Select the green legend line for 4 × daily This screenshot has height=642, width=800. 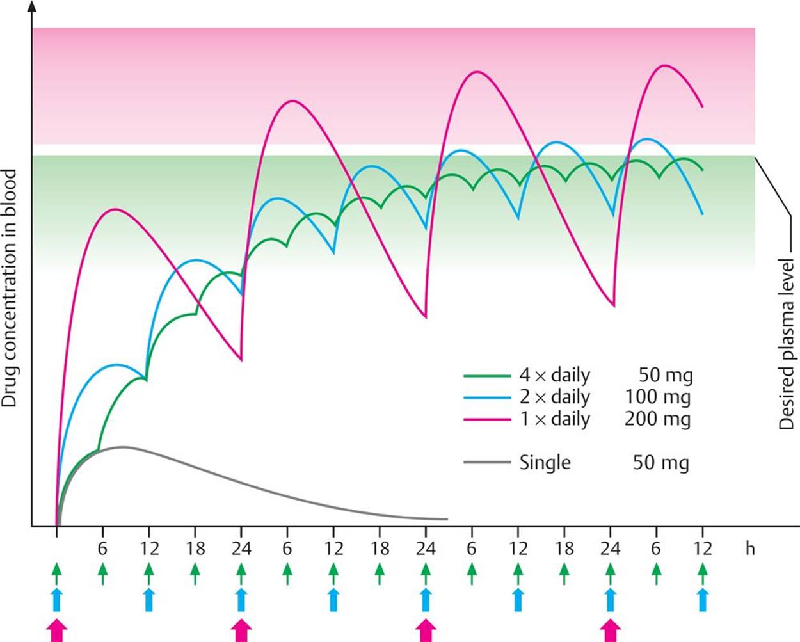(x=487, y=376)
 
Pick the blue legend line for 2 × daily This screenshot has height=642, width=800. (x=487, y=397)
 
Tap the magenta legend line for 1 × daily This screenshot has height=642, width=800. (x=487, y=419)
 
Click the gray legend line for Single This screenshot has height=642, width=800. (x=487, y=462)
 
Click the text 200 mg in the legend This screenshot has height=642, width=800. (x=658, y=419)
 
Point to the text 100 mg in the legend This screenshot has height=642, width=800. (x=658, y=397)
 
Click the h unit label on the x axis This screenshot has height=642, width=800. (x=749, y=549)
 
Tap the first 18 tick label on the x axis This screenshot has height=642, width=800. (x=195, y=549)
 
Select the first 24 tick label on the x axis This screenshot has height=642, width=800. (x=241, y=549)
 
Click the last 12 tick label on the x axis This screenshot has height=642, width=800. (x=703, y=549)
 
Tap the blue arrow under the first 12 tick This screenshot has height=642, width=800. (x=148, y=600)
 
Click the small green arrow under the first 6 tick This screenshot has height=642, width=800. (x=102, y=573)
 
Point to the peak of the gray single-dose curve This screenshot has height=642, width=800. (x=122, y=447)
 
